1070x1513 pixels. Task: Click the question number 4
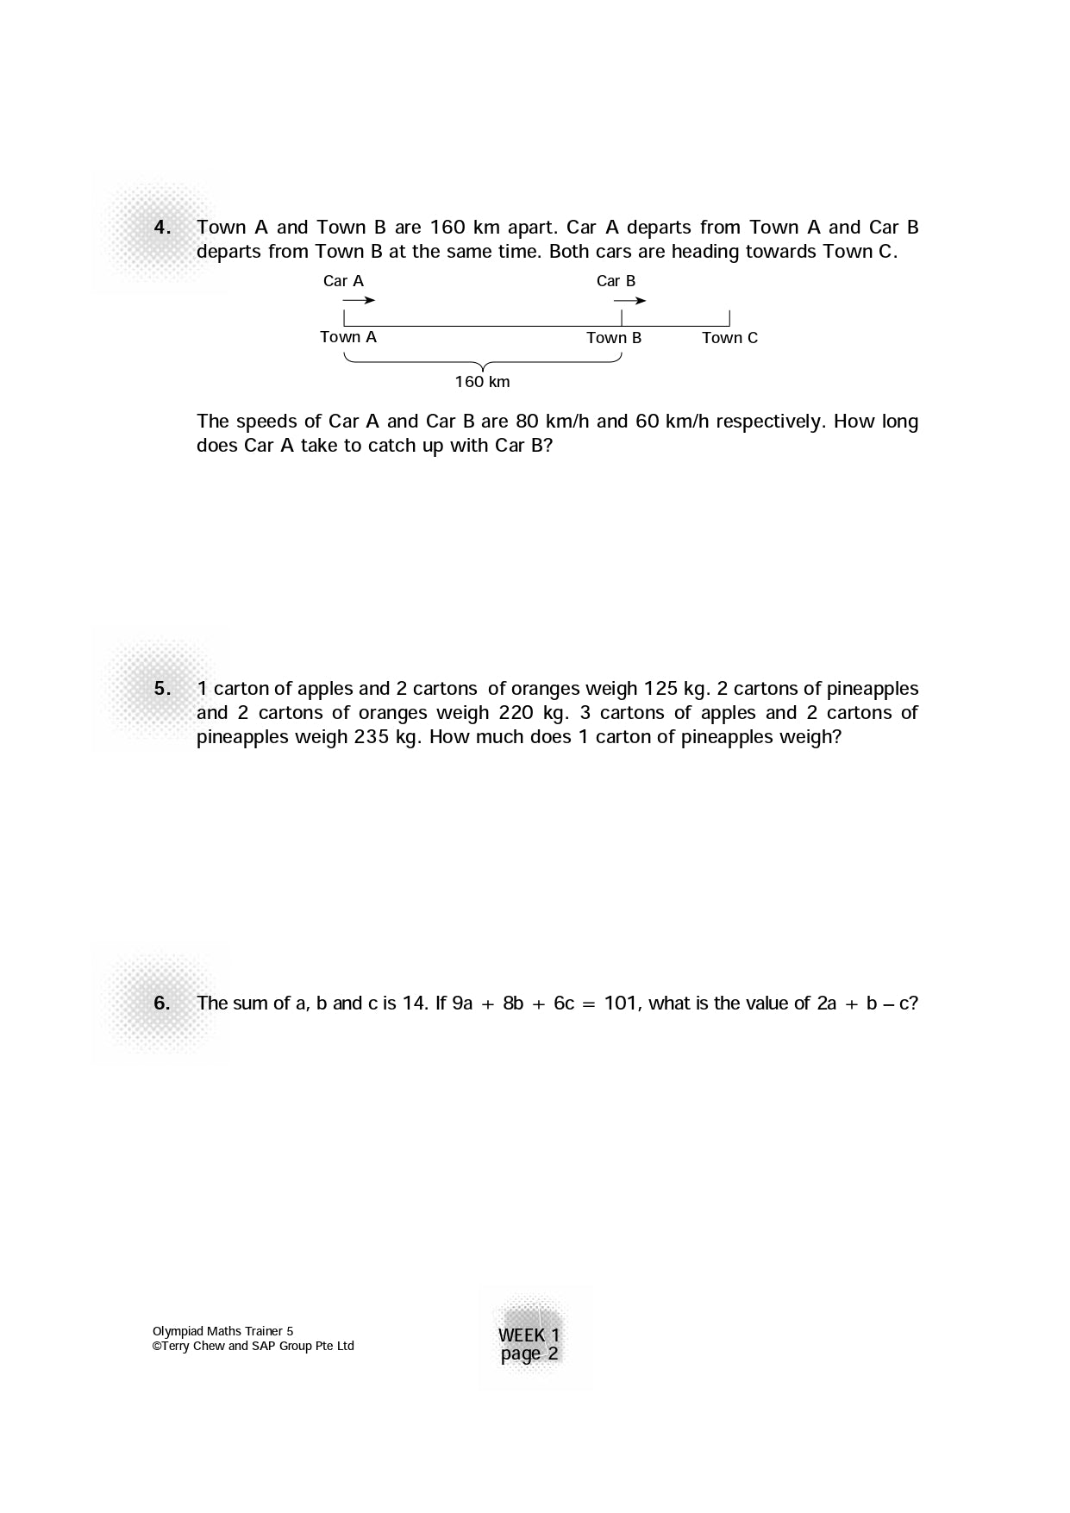coord(162,228)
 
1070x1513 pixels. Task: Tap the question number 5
coord(162,689)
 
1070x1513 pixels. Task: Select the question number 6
coord(162,1003)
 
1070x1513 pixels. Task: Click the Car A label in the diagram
coord(343,281)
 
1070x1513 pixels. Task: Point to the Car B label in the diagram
coord(616,281)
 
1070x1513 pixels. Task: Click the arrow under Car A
coord(359,301)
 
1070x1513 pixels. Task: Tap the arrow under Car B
coord(629,301)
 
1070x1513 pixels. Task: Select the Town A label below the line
coord(348,337)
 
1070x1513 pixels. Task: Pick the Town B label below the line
coord(614,338)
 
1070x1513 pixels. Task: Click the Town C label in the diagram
coord(729,338)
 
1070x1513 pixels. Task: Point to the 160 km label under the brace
coord(482,382)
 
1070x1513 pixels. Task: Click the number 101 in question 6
coord(621,1003)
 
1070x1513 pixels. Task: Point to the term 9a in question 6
coord(462,1003)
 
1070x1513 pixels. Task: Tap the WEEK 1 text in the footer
coord(529,1335)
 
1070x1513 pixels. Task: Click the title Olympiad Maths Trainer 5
coord(222,1331)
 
